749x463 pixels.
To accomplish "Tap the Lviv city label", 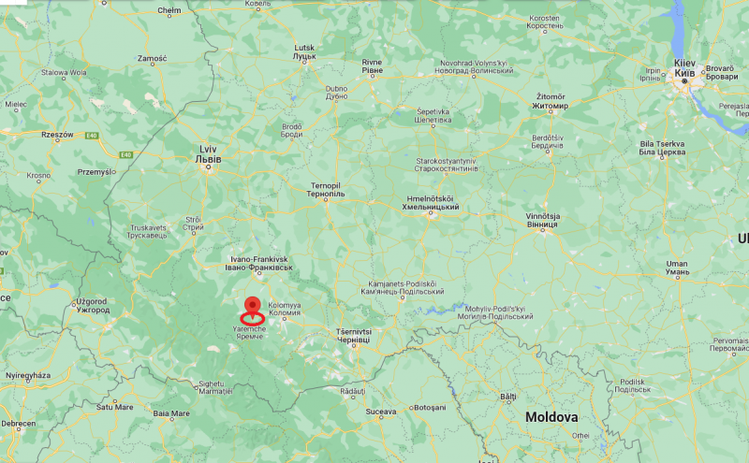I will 210,154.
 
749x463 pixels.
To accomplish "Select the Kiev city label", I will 684,68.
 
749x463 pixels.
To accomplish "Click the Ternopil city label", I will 327,190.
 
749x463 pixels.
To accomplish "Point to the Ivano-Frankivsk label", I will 259,264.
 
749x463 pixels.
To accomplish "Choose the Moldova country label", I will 551,416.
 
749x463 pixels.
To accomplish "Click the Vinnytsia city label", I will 542,221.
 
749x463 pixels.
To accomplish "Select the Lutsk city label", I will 305,51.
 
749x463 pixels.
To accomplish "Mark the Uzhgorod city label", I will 93,305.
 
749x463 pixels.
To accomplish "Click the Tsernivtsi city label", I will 354,337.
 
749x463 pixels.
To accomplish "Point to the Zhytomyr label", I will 551,101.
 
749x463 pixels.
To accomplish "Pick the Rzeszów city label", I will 57,135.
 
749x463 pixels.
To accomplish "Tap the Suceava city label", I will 381,410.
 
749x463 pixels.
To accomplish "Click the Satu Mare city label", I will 115,407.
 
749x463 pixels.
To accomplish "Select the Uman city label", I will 676,268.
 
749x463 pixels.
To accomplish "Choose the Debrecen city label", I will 19,424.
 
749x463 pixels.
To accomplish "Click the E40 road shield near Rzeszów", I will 92,136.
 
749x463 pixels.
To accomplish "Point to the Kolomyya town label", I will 285,310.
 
